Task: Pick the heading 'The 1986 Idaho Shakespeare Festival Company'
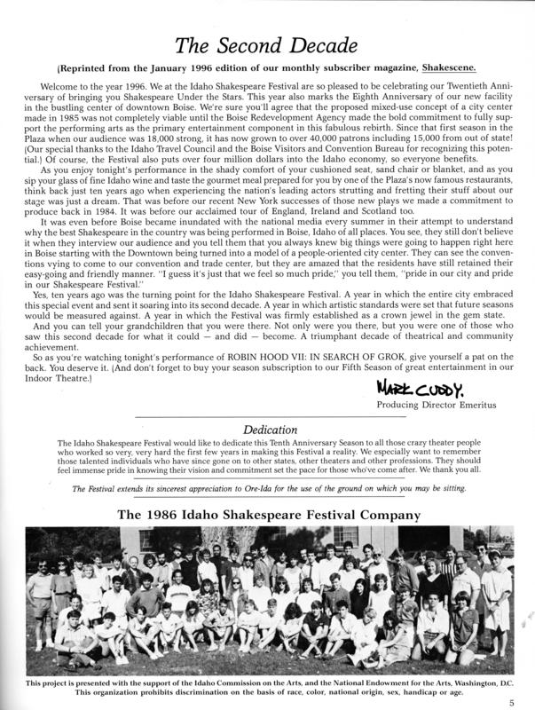pyautogui.click(x=267, y=514)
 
